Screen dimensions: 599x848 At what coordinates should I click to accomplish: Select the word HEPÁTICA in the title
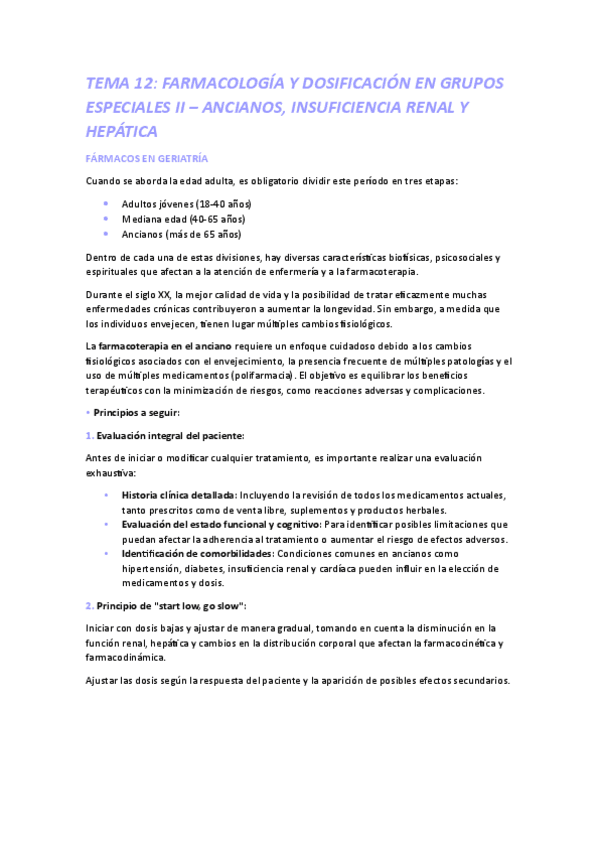point(122,131)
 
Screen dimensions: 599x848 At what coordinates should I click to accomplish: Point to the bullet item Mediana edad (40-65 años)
point(183,219)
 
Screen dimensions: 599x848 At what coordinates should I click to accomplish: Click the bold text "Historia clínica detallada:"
point(179,495)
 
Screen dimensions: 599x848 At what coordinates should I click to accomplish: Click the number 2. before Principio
point(90,606)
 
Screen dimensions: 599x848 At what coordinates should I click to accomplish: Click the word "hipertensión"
point(153,568)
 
